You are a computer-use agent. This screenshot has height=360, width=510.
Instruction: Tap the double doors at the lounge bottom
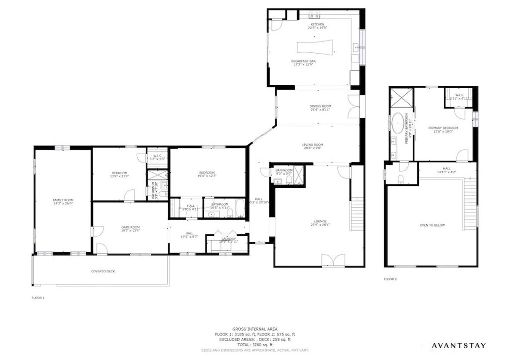(333, 260)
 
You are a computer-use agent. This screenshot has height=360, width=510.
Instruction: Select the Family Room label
(63, 201)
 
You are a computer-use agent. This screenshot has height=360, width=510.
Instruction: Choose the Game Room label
(130, 228)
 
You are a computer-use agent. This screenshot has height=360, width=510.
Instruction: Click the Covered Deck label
(103, 271)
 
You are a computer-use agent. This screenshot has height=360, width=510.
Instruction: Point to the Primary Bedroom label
(443, 129)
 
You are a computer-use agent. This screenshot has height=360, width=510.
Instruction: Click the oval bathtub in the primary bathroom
(398, 124)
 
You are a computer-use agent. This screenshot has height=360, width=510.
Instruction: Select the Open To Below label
(432, 225)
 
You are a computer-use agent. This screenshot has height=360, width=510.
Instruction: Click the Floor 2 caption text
(390, 279)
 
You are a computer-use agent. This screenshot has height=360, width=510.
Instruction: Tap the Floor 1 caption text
(38, 298)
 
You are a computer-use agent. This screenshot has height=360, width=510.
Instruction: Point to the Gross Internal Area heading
(255, 329)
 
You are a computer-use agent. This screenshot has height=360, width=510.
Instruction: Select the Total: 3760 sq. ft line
(255, 345)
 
